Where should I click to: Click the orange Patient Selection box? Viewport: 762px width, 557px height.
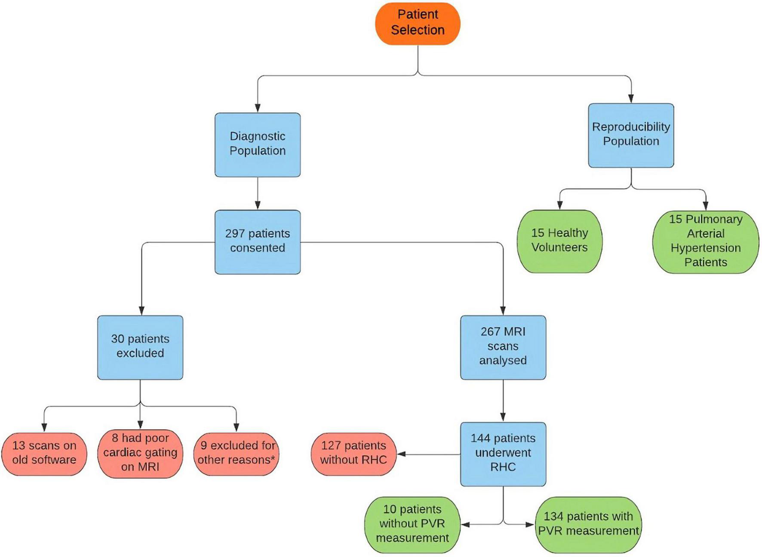pos(418,23)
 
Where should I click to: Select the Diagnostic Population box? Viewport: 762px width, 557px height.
pos(257,144)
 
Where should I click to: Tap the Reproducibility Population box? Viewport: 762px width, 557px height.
pos(630,135)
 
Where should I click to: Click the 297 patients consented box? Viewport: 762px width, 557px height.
pos(257,242)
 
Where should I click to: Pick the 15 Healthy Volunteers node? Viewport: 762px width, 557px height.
pos(559,241)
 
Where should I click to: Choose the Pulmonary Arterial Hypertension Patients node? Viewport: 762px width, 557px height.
pos(705,241)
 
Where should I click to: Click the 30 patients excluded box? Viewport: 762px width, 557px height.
pos(140,347)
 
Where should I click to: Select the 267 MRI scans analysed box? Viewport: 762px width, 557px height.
pos(503,347)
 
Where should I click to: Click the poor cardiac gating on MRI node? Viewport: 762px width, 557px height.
pos(140,453)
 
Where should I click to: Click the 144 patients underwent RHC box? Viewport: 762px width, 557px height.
pos(503,453)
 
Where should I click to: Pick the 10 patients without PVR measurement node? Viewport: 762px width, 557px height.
pos(412,524)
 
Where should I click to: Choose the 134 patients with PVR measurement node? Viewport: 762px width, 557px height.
pos(588,524)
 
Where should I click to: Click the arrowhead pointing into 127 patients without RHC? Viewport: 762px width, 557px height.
pos(401,454)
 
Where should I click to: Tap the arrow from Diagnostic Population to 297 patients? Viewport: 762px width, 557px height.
pos(258,193)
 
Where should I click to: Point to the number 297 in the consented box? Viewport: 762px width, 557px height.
pos(235,233)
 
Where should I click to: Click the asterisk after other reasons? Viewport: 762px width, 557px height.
pos(273,459)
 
